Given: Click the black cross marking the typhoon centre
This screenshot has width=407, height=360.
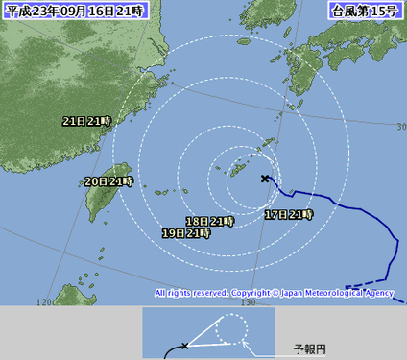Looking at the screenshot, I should (x=265, y=178).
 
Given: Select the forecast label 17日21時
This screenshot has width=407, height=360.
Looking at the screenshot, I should (x=288, y=214).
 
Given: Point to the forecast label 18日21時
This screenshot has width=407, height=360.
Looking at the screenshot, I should (x=210, y=221).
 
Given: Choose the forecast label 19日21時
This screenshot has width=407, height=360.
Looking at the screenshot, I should (x=186, y=233).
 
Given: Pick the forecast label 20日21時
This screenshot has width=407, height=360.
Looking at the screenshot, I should (x=108, y=180).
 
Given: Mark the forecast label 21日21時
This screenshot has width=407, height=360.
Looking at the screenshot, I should (x=86, y=122).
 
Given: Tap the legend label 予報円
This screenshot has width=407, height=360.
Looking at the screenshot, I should (x=309, y=348).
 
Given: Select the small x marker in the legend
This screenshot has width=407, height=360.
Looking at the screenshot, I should (x=184, y=345).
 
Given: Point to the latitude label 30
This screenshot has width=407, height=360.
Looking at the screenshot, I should (x=400, y=126).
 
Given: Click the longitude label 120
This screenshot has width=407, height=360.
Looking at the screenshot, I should (x=43, y=302).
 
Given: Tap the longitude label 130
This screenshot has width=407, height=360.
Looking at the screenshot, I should (x=250, y=302).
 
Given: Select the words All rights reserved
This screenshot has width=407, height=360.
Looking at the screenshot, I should (x=191, y=293).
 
